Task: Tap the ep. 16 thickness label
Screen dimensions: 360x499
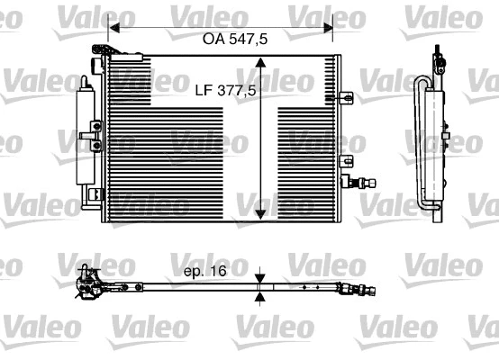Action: click(x=203, y=269)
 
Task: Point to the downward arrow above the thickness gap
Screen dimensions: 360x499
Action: click(x=260, y=278)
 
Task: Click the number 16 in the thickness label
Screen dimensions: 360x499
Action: click(x=215, y=269)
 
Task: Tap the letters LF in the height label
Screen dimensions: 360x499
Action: click(x=204, y=91)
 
